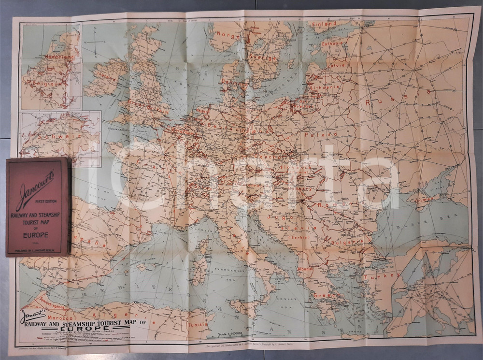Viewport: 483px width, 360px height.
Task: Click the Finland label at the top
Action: [324, 24]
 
